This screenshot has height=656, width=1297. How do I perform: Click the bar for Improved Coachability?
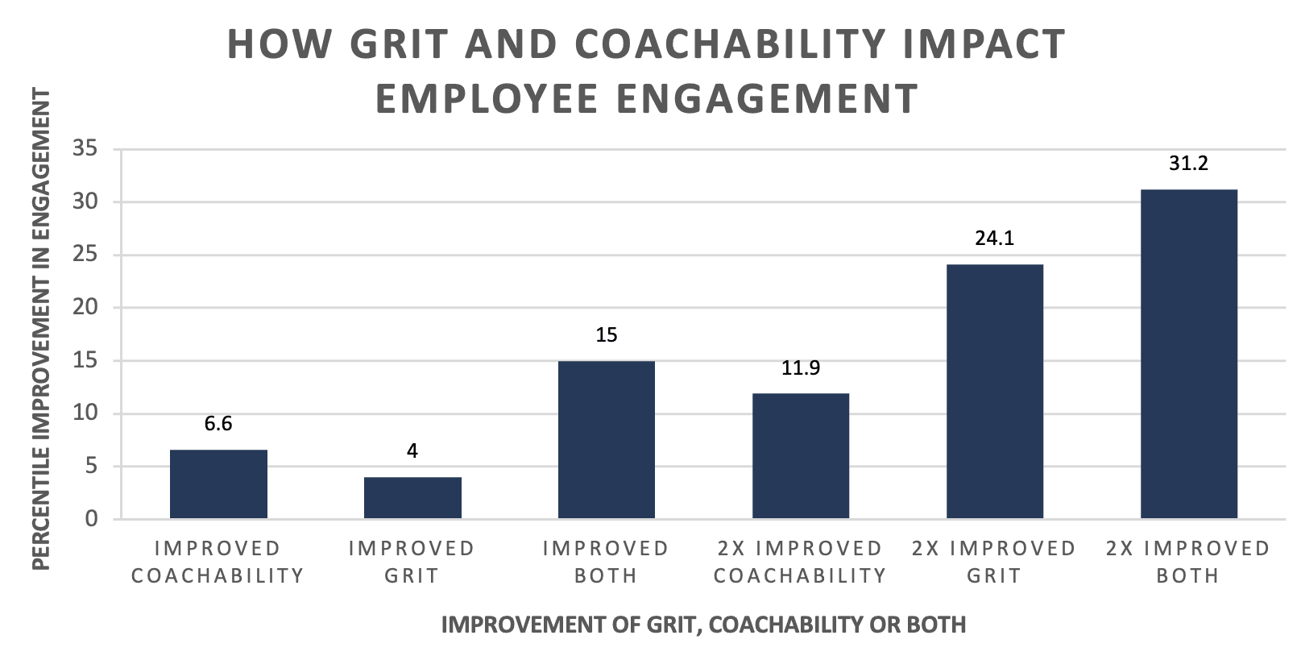218,484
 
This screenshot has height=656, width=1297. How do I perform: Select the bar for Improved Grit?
412,497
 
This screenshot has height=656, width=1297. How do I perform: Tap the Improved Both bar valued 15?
607,439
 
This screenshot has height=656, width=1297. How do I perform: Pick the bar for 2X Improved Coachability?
801,455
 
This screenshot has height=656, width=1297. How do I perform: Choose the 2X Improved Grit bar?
995,391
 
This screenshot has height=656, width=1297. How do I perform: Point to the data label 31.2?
1189,164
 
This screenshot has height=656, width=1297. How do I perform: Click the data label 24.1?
995,238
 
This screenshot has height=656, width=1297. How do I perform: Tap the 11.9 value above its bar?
801,368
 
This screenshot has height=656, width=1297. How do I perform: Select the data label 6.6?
218,424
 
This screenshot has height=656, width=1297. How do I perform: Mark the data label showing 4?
412,451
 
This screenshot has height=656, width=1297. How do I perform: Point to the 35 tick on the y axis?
85,149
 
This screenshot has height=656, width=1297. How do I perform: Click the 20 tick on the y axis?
85,307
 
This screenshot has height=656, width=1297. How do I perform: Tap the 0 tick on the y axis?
91,519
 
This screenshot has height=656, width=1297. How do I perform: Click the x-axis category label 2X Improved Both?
1188,562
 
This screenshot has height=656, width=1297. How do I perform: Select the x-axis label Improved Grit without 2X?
412,562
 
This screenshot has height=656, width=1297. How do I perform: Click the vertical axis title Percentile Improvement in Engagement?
41,329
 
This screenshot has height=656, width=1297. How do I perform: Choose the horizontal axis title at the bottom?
703,625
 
